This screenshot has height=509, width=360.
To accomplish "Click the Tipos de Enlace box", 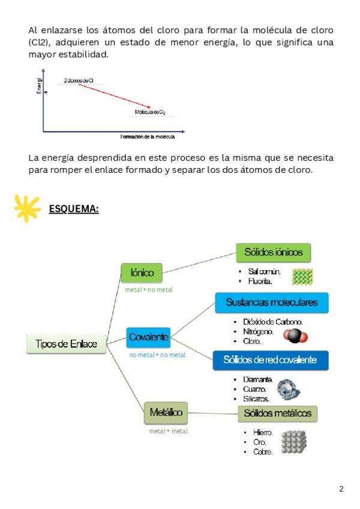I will (x=66, y=344).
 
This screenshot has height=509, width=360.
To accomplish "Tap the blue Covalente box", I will (x=149, y=337).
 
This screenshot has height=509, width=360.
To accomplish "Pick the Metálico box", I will (x=166, y=412).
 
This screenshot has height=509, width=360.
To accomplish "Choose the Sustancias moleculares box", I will (x=272, y=303).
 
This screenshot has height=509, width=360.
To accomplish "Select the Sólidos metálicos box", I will (x=277, y=413).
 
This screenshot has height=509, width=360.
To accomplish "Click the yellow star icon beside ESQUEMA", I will (x=27, y=208).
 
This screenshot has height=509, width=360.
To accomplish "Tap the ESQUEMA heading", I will (x=73, y=209).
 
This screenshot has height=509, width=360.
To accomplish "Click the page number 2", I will (x=341, y=489).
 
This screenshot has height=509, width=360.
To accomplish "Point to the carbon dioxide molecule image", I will (x=295, y=336).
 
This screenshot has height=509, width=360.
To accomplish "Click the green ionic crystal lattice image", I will (x=303, y=276).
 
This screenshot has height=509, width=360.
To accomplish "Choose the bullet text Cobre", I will (x=263, y=452).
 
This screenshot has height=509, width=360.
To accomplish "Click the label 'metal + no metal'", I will (x=148, y=290).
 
